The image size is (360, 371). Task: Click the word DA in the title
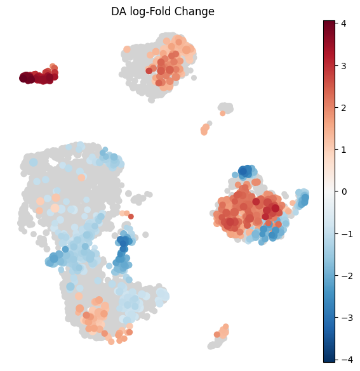[119, 11]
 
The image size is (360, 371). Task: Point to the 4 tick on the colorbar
[344, 23]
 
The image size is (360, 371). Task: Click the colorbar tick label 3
[344, 65]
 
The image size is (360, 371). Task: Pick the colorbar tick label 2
[344, 108]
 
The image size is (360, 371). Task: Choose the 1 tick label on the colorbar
[344, 150]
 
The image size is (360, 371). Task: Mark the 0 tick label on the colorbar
[344, 192]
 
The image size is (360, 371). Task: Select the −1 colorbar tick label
[347, 234]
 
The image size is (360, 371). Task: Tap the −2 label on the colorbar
[347, 276]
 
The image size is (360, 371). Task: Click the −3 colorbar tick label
[347, 318]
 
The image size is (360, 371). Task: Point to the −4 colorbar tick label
[347, 360]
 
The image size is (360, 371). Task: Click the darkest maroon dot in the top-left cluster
[23, 77]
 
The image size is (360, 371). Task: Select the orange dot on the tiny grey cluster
[222, 114]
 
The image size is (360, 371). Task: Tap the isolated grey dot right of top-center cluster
[194, 77]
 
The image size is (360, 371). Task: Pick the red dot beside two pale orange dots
[131, 216]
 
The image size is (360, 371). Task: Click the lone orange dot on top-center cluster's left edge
[127, 49]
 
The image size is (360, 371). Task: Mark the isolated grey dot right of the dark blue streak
[145, 235]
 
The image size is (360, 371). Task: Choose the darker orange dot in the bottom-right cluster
[217, 334]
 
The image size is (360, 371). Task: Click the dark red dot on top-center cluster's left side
[149, 71]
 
